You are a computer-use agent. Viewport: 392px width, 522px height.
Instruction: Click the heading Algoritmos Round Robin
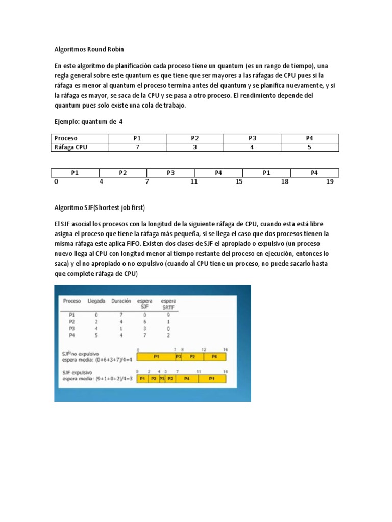pyautogui.click(x=89, y=49)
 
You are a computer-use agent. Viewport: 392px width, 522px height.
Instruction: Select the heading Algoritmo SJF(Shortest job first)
pyautogui.click(x=100, y=207)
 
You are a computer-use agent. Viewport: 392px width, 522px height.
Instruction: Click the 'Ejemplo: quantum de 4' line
pyautogui.click(x=88, y=122)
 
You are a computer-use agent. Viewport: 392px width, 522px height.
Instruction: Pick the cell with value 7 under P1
pyautogui.click(x=137, y=147)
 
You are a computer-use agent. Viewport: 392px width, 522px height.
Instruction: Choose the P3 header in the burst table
pyautogui.click(x=252, y=138)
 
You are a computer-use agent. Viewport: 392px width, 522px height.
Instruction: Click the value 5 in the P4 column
pyautogui.click(x=309, y=147)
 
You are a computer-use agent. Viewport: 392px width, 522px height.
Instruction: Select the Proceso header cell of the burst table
pyautogui.click(x=66, y=138)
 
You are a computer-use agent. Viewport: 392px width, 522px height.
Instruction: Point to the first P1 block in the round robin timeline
pyautogui.click(x=75, y=173)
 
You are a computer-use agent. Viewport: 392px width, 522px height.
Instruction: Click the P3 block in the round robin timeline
pyautogui.click(x=171, y=173)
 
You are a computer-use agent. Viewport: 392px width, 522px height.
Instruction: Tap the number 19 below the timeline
pyautogui.click(x=330, y=182)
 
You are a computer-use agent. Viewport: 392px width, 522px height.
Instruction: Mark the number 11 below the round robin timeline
pyautogui.click(x=194, y=182)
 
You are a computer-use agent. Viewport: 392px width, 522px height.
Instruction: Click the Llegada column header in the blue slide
pyautogui.click(x=96, y=301)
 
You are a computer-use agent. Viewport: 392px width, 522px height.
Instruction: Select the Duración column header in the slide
pyautogui.click(x=121, y=301)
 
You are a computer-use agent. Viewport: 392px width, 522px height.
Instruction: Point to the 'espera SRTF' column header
pyautogui.click(x=167, y=304)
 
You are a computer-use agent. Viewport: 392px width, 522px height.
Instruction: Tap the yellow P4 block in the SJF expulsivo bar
pyautogui.click(x=187, y=379)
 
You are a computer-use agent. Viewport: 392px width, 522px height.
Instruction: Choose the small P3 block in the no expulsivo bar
pyautogui.click(x=178, y=357)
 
